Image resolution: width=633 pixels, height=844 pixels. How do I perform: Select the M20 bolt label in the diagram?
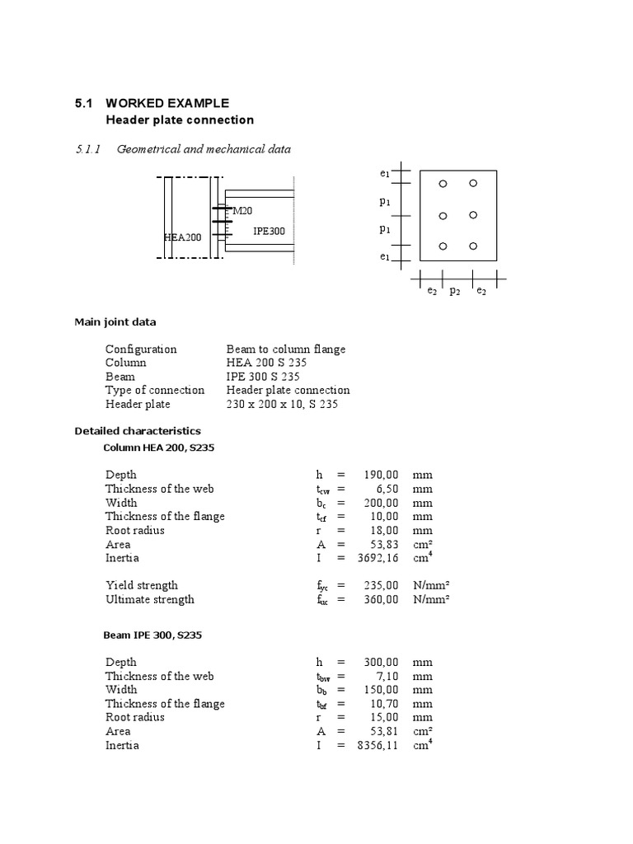pyautogui.click(x=242, y=211)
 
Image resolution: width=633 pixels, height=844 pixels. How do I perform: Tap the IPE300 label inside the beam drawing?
pyautogui.click(x=269, y=231)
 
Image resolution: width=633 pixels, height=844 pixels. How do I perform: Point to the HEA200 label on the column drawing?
pyautogui.click(x=182, y=237)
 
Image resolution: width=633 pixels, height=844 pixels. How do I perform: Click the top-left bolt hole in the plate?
pyautogui.click(x=443, y=184)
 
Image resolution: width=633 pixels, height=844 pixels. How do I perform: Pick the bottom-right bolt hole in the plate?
pyautogui.click(x=473, y=246)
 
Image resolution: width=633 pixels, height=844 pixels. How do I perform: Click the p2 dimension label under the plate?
pyautogui.click(x=454, y=291)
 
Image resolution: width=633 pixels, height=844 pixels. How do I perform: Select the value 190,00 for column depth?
pyautogui.click(x=381, y=475)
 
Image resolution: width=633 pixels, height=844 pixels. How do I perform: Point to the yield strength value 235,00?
pyautogui.click(x=381, y=585)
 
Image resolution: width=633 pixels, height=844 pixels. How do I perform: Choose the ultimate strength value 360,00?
pyautogui.click(x=381, y=599)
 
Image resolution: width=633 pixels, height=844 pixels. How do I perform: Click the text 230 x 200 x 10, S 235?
pyautogui.click(x=282, y=404)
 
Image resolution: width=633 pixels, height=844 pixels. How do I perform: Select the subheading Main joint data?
pyautogui.click(x=115, y=321)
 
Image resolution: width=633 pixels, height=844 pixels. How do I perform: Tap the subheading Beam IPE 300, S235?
pyautogui.click(x=152, y=635)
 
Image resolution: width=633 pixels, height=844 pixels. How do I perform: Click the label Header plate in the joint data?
pyautogui.click(x=138, y=404)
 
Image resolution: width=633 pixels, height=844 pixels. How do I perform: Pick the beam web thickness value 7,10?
pyautogui.click(x=387, y=676)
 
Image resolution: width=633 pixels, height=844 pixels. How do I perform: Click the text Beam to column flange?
pyautogui.click(x=286, y=349)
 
